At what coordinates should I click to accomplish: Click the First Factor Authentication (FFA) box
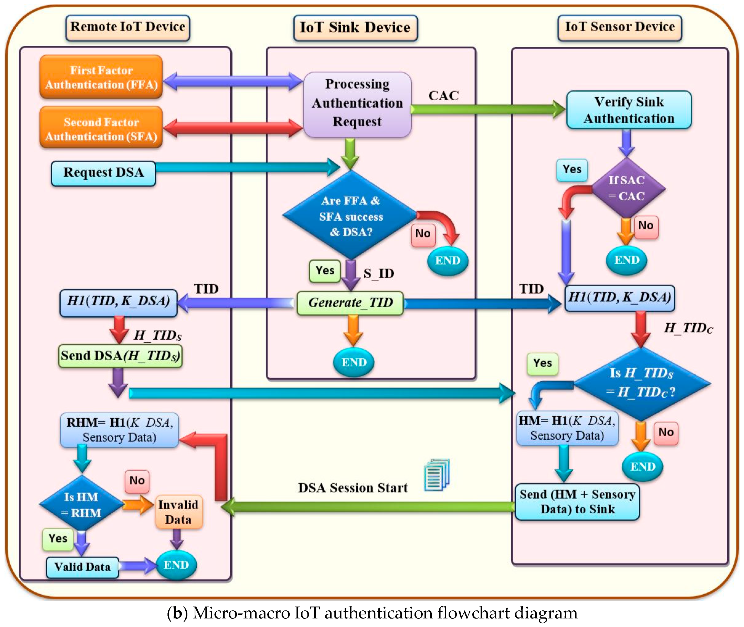click(x=101, y=77)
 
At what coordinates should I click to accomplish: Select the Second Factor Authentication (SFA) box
click(x=101, y=129)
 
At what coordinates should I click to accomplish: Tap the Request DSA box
click(x=103, y=173)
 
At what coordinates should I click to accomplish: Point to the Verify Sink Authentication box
click(x=629, y=110)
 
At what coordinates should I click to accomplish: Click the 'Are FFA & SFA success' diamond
click(x=351, y=215)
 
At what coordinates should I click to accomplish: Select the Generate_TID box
click(x=350, y=303)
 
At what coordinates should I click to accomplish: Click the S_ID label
click(x=378, y=273)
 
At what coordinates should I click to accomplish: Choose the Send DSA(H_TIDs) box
click(x=120, y=356)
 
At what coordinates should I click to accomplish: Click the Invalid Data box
click(x=178, y=512)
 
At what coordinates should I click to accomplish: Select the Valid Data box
click(x=82, y=567)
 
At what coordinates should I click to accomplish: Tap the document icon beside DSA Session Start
click(x=437, y=475)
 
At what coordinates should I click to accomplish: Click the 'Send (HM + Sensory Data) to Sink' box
click(x=577, y=502)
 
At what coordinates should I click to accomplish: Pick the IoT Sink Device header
click(x=355, y=27)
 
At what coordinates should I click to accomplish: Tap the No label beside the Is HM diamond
click(x=137, y=481)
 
